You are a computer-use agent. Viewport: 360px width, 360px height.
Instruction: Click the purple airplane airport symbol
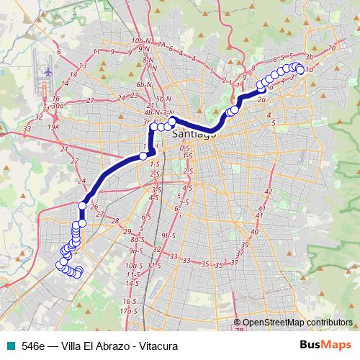pos(48,73)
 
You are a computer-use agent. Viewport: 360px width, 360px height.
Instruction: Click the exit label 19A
pos(53,127)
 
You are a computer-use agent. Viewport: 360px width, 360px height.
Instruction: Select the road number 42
pos(268,192)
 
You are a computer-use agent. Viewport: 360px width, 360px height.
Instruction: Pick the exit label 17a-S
pos(129,310)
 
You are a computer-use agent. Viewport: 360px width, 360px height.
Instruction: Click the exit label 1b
pos(332,48)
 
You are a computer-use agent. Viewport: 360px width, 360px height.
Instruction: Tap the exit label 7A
pos(161,45)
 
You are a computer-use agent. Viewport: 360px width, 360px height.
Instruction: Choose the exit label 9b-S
pos(168,235)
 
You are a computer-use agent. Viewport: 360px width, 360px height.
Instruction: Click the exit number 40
pos(253,232)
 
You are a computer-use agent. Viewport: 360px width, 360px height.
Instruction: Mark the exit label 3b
pos(310,56)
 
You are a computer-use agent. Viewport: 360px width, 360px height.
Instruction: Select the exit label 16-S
pos(130,301)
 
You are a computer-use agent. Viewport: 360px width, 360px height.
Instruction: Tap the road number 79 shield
pos(238,330)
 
